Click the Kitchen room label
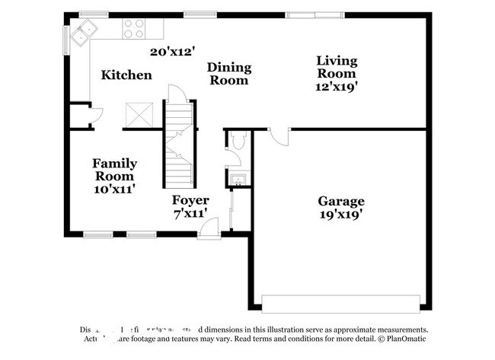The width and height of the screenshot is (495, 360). pos(126,75)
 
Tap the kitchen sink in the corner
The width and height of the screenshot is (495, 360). pos(83,33)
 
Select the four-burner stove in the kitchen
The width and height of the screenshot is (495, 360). pos(134,29)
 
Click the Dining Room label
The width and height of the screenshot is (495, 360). pos(230,73)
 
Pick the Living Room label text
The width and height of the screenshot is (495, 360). pos(336,67)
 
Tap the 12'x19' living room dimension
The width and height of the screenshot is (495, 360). pos(337,87)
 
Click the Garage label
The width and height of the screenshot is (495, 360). pos(340,201)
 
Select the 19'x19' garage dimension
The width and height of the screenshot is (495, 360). pos(340,215)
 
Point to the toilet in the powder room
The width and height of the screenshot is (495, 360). pos(238,141)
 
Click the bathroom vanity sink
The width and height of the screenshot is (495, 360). pos(236,180)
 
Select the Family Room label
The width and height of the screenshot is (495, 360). pos(114,169)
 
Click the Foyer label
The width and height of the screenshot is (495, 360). pos(190,200)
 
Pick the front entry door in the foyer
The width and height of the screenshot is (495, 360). pos(209,228)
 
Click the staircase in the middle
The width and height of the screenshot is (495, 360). pos(180,145)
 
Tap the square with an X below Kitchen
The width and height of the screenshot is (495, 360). pos(142,116)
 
